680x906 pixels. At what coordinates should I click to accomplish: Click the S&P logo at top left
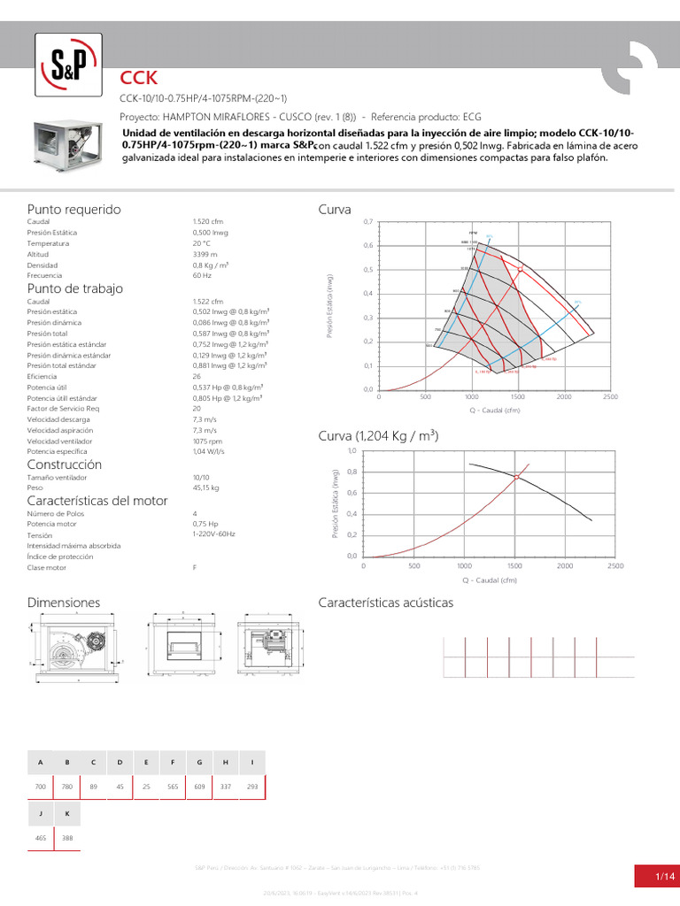(68, 65)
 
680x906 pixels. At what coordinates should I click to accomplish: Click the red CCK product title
(139, 80)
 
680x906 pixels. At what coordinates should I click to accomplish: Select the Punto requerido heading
(73, 209)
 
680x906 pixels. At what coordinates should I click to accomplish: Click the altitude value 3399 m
(205, 254)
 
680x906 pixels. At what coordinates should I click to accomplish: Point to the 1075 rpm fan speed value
(207, 440)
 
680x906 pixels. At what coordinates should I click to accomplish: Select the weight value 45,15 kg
(205, 488)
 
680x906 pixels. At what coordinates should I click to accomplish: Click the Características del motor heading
(97, 501)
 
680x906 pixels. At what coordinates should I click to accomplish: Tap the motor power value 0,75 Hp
(205, 525)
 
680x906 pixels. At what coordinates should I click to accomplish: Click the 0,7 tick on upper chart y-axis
(367, 221)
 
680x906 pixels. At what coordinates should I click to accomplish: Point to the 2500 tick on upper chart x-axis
(609, 397)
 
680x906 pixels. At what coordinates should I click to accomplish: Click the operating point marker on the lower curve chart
(518, 477)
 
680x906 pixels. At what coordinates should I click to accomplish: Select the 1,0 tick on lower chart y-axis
(352, 450)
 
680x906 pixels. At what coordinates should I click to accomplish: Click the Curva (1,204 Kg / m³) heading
(378, 437)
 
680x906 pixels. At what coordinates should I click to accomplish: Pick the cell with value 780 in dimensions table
(66, 787)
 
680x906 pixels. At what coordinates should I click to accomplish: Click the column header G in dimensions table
(199, 762)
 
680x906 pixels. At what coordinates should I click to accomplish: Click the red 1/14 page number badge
(656, 876)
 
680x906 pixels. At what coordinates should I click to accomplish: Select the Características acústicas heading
(385, 603)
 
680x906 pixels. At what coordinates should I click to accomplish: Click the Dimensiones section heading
(64, 603)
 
